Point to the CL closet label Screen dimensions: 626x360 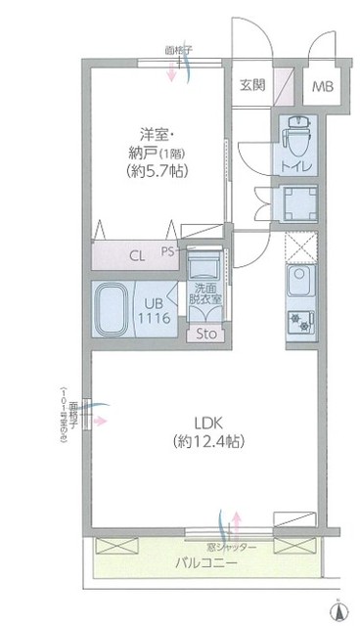pyautogui.click(x=138, y=257)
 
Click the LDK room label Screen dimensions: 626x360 pyautogui.click(x=206, y=423)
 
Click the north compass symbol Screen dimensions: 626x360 pyautogui.click(x=338, y=612)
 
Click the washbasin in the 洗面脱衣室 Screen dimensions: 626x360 pyautogui.click(x=207, y=265)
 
